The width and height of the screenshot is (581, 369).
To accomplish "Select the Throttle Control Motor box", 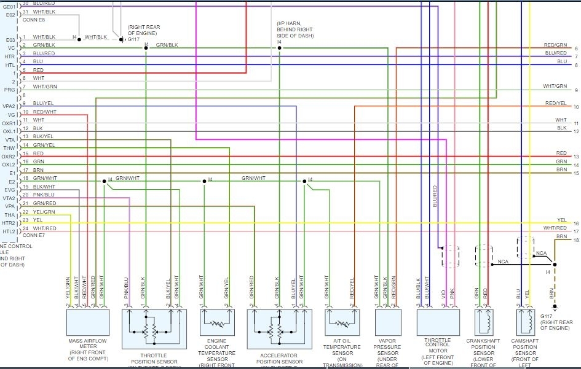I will click(x=438, y=321).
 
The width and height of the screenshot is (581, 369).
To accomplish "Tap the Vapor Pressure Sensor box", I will click(x=388, y=321).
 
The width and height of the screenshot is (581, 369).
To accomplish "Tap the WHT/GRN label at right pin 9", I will click(x=555, y=87).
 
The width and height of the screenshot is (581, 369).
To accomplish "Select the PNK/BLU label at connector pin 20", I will click(x=44, y=195).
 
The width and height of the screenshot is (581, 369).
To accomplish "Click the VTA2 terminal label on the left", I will click(x=9, y=198).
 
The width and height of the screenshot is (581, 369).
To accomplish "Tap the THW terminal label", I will click(x=9, y=148).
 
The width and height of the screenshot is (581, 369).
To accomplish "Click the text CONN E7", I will click(x=33, y=235).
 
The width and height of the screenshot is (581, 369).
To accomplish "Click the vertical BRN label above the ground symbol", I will click(x=551, y=293).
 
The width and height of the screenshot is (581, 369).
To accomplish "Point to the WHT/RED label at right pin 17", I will click(x=555, y=228).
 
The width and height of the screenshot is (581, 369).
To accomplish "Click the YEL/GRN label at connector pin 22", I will click(x=44, y=212).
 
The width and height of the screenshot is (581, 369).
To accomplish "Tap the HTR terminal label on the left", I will click(x=10, y=56).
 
